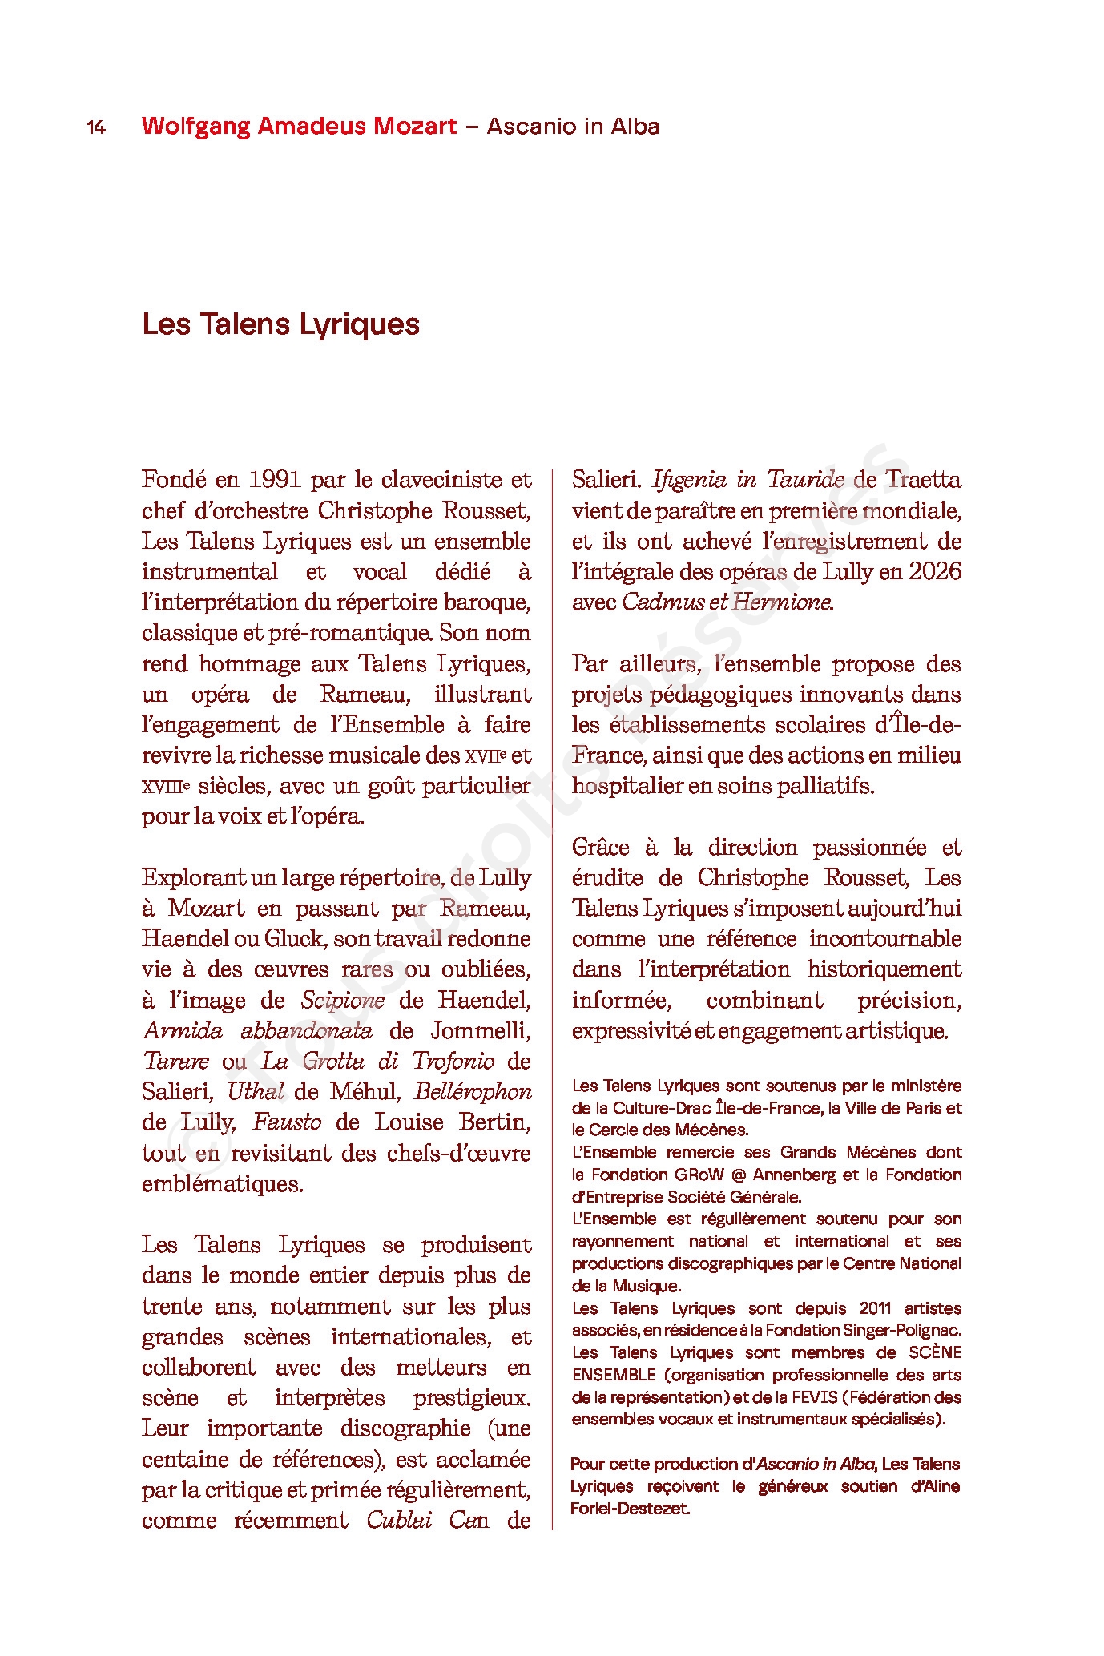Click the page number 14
pyautogui.click(x=96, y=127)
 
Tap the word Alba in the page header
pyautogui.click(x=635, y=127)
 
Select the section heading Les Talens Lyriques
pyautogui.click(x=280, y=324)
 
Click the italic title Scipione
pyautogui.click(x=342, y=1000)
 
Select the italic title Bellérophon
pyautogui.click(x=473, y=1092)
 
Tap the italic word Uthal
pyautogui.click(x=255, y=1092)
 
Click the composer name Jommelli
pyautogui.click(x=481, y=1030)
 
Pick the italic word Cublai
pyautogui.click(x=399, y=1521)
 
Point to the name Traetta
pyautogui.click(x=923, y=480)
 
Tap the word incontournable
pyautogui.click(x=884, y=939)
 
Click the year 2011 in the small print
pyautogui.click(x=875, y=1308)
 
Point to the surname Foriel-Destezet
pyautogui.click(x=630, y=1509)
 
